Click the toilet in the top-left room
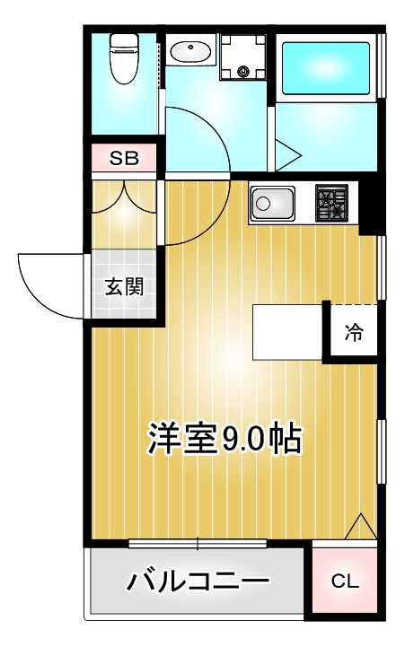[123, 59]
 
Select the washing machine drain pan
[242, 57]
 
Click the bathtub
[325, 69]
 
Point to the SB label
[123, 158]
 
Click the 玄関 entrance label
[124, 286]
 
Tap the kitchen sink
[273, 203]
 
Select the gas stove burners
[331, 202]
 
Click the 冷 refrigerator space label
[354, 331]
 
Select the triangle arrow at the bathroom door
[288, 155]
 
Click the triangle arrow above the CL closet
[361, 526]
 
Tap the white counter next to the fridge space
[287, 332]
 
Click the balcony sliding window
[198, 544]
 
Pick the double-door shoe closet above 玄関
[124, 214]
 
